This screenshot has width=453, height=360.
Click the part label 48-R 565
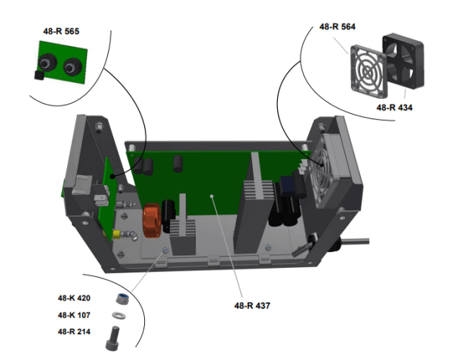point(61,32)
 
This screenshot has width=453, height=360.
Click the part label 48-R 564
point(337,26)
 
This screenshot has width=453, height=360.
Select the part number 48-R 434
point(394,107)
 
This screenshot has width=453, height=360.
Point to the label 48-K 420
point(74,297)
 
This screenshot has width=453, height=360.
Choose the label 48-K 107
point(74,314)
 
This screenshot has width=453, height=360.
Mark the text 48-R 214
point(74,331)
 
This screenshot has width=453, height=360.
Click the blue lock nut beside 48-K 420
point(119,298)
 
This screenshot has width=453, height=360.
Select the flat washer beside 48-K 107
point(119,315)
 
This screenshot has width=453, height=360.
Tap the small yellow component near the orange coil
point(115,234)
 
